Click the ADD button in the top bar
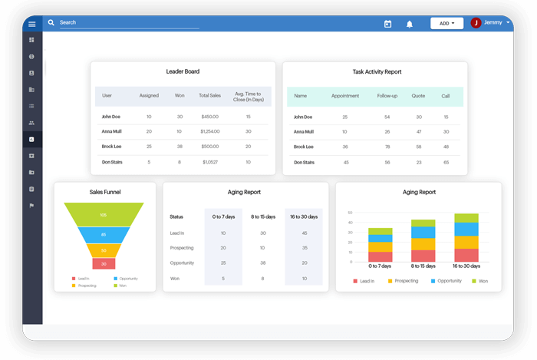446,23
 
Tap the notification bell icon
410,24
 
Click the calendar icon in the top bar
387,24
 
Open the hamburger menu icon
31,24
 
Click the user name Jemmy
493,23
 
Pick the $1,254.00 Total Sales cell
210,131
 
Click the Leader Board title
183,71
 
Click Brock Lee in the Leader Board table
111,146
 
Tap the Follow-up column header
387,96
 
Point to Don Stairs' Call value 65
446,162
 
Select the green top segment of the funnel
104,214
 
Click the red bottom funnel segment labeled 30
104,263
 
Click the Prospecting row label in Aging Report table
181,248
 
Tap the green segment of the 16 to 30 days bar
466,218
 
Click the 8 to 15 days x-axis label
423,266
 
